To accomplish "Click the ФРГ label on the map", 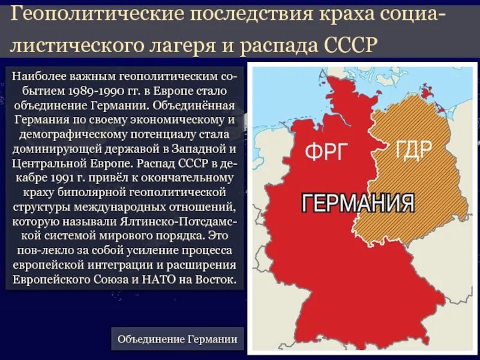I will (x=326, y=152).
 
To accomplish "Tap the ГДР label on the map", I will (x=413, y=148).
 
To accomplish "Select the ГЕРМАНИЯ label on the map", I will (x=358, y=203).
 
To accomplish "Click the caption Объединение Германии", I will (x=178, y=339).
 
